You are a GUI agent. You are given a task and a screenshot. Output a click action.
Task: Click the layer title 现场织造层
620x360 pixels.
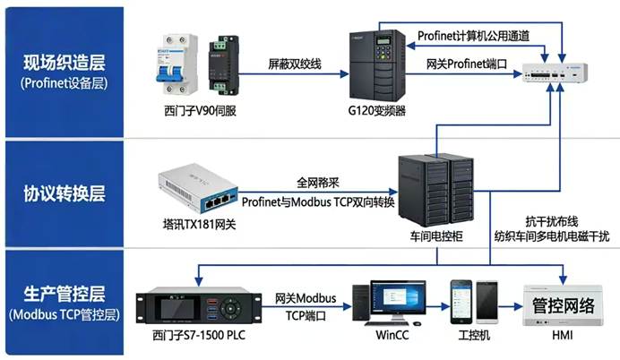pos(64,62)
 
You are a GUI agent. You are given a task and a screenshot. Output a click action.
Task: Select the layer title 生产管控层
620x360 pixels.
pos(64,292)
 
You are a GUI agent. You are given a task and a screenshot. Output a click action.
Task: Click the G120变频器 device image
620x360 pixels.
pos(377,65)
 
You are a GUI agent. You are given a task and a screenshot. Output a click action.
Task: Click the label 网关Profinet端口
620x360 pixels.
pos(467,64)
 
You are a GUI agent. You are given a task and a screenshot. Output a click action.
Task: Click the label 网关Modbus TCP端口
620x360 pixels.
pos(309,305)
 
